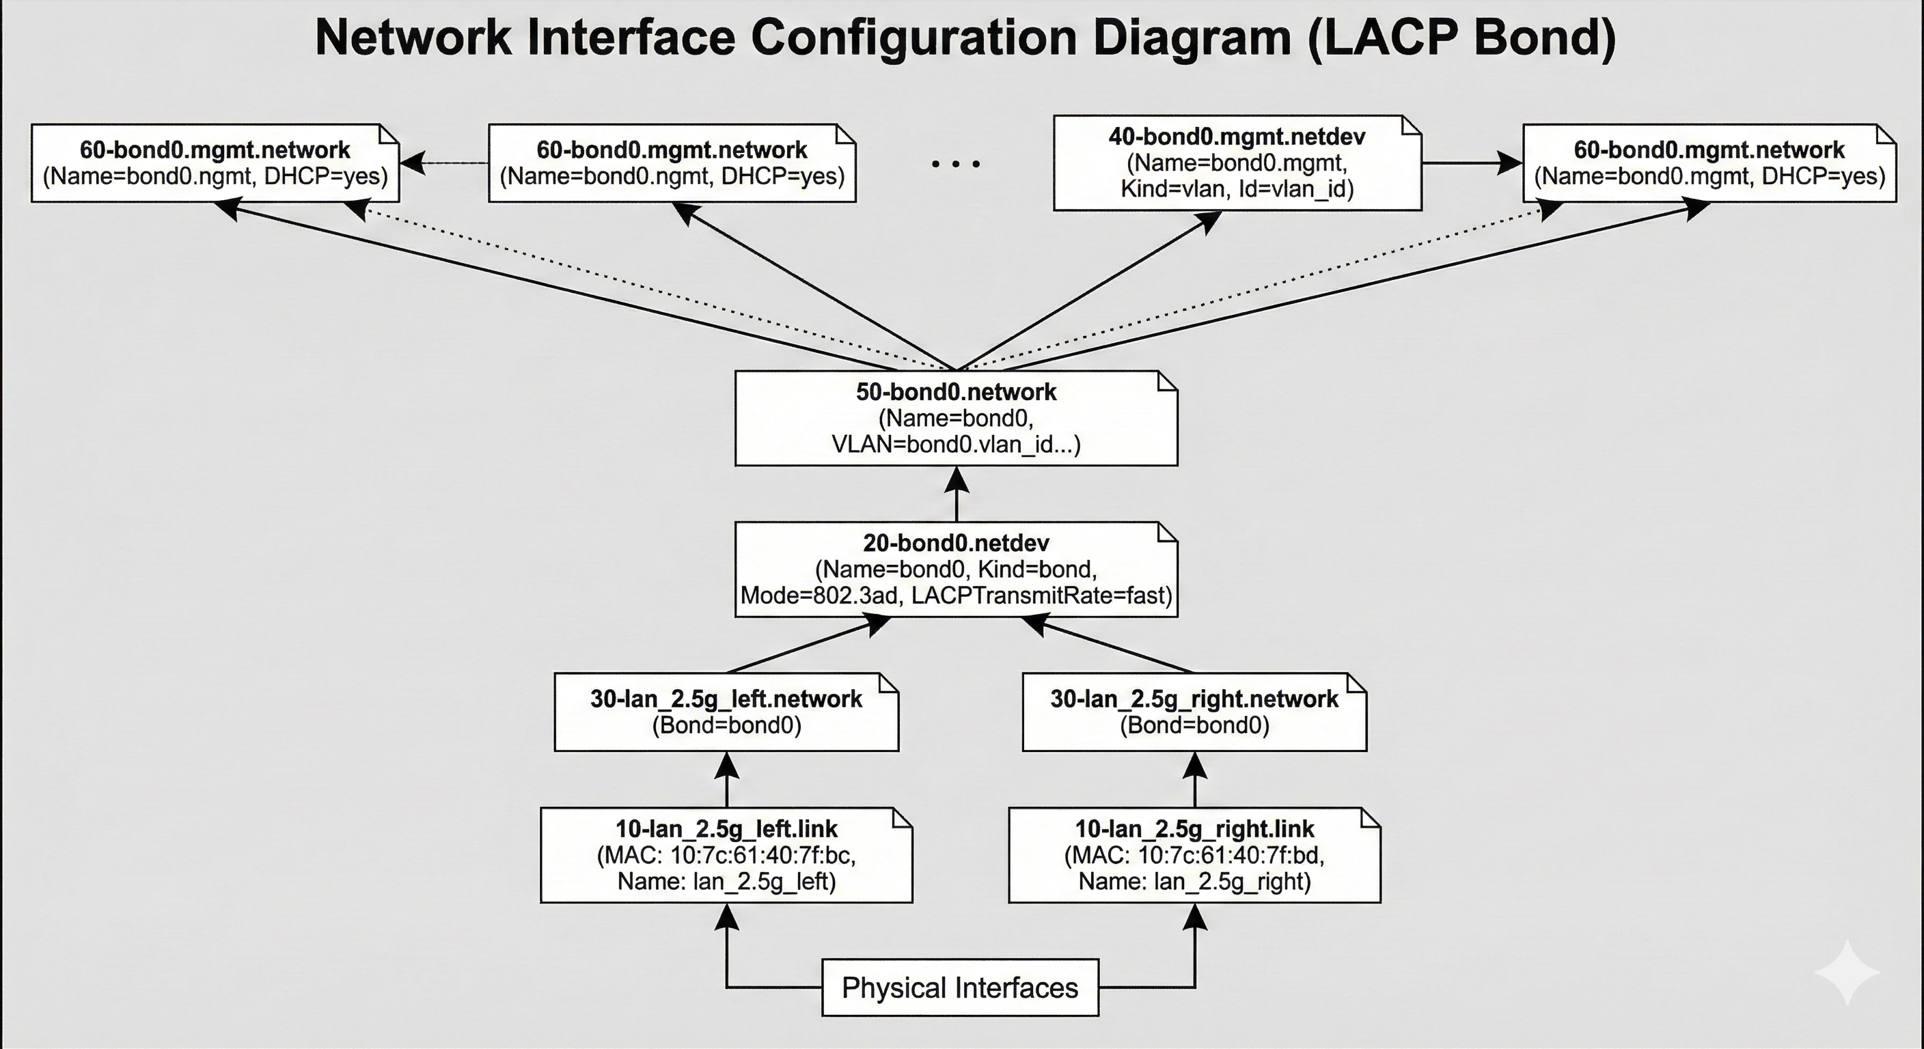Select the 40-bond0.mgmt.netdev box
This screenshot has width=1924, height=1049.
pos(1237,163)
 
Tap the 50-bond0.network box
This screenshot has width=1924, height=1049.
pos(956,418)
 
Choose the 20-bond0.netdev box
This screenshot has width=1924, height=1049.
pos(956,569)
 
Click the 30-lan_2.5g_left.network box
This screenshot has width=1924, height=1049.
pos(726,712)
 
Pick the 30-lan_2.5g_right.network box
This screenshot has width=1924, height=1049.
pos(1194,712)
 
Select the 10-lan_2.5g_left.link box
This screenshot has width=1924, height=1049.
pos(726,855)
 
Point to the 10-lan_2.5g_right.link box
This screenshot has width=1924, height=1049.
pos(1194,855)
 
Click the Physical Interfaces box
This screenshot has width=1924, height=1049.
pos(960,988)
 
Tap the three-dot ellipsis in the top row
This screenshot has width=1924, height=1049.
pos(956,163)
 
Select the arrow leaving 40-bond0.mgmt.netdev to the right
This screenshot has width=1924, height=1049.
pos(1472,163)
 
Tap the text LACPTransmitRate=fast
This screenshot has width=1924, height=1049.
pos(1041,596)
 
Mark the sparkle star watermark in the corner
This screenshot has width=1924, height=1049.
pos(1846,972)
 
